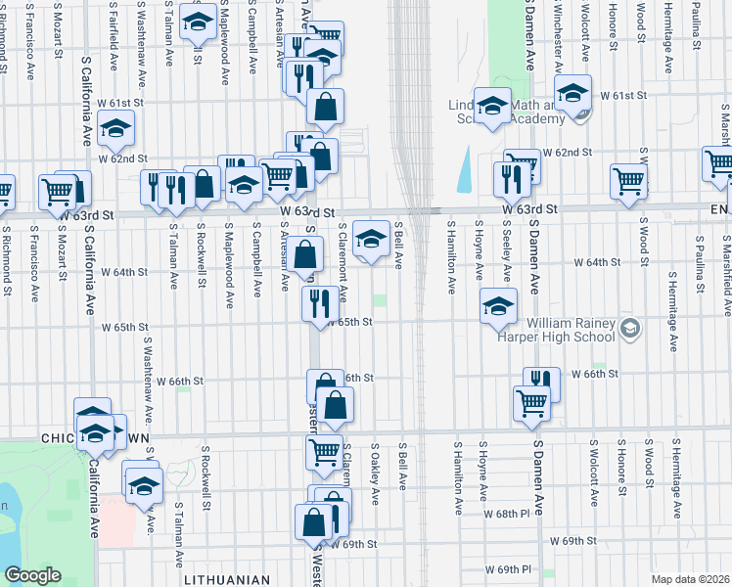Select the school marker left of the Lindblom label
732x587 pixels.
point(492,107)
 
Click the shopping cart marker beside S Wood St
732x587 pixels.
point(628,180)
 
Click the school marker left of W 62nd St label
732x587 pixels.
point(115,128)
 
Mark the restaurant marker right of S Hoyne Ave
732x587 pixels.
point(512,177)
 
